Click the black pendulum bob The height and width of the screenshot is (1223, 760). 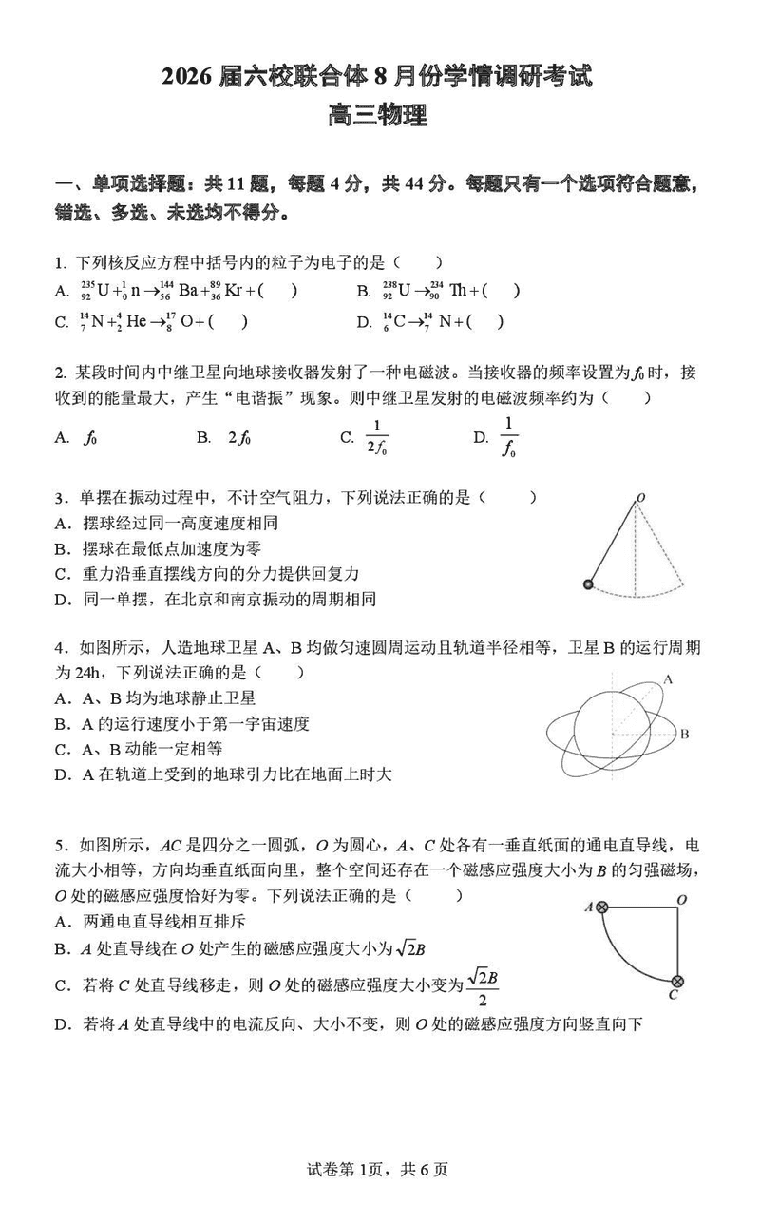589,584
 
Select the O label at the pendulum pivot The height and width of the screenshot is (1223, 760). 641,497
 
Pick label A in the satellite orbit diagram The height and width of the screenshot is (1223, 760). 668,678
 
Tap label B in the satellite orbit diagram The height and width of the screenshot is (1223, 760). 683,734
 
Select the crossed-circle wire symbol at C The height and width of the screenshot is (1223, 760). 677,981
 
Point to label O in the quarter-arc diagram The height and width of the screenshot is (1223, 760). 681,899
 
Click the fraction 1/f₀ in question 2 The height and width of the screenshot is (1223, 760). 508,437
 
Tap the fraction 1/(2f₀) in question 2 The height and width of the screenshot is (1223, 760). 377,437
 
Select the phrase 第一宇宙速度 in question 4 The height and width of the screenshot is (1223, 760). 258,723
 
